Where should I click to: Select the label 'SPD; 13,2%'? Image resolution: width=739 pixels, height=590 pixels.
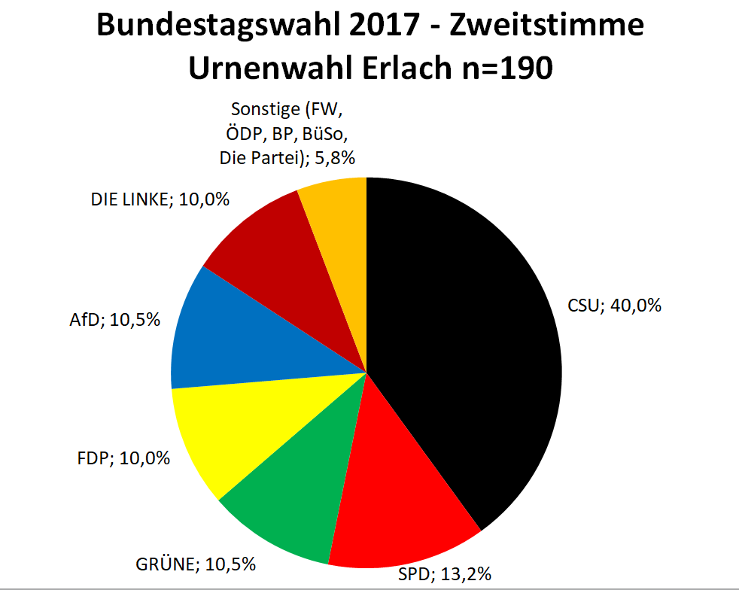point(445,575)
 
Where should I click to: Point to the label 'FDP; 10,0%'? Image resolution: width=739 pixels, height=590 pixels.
point(123,458)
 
